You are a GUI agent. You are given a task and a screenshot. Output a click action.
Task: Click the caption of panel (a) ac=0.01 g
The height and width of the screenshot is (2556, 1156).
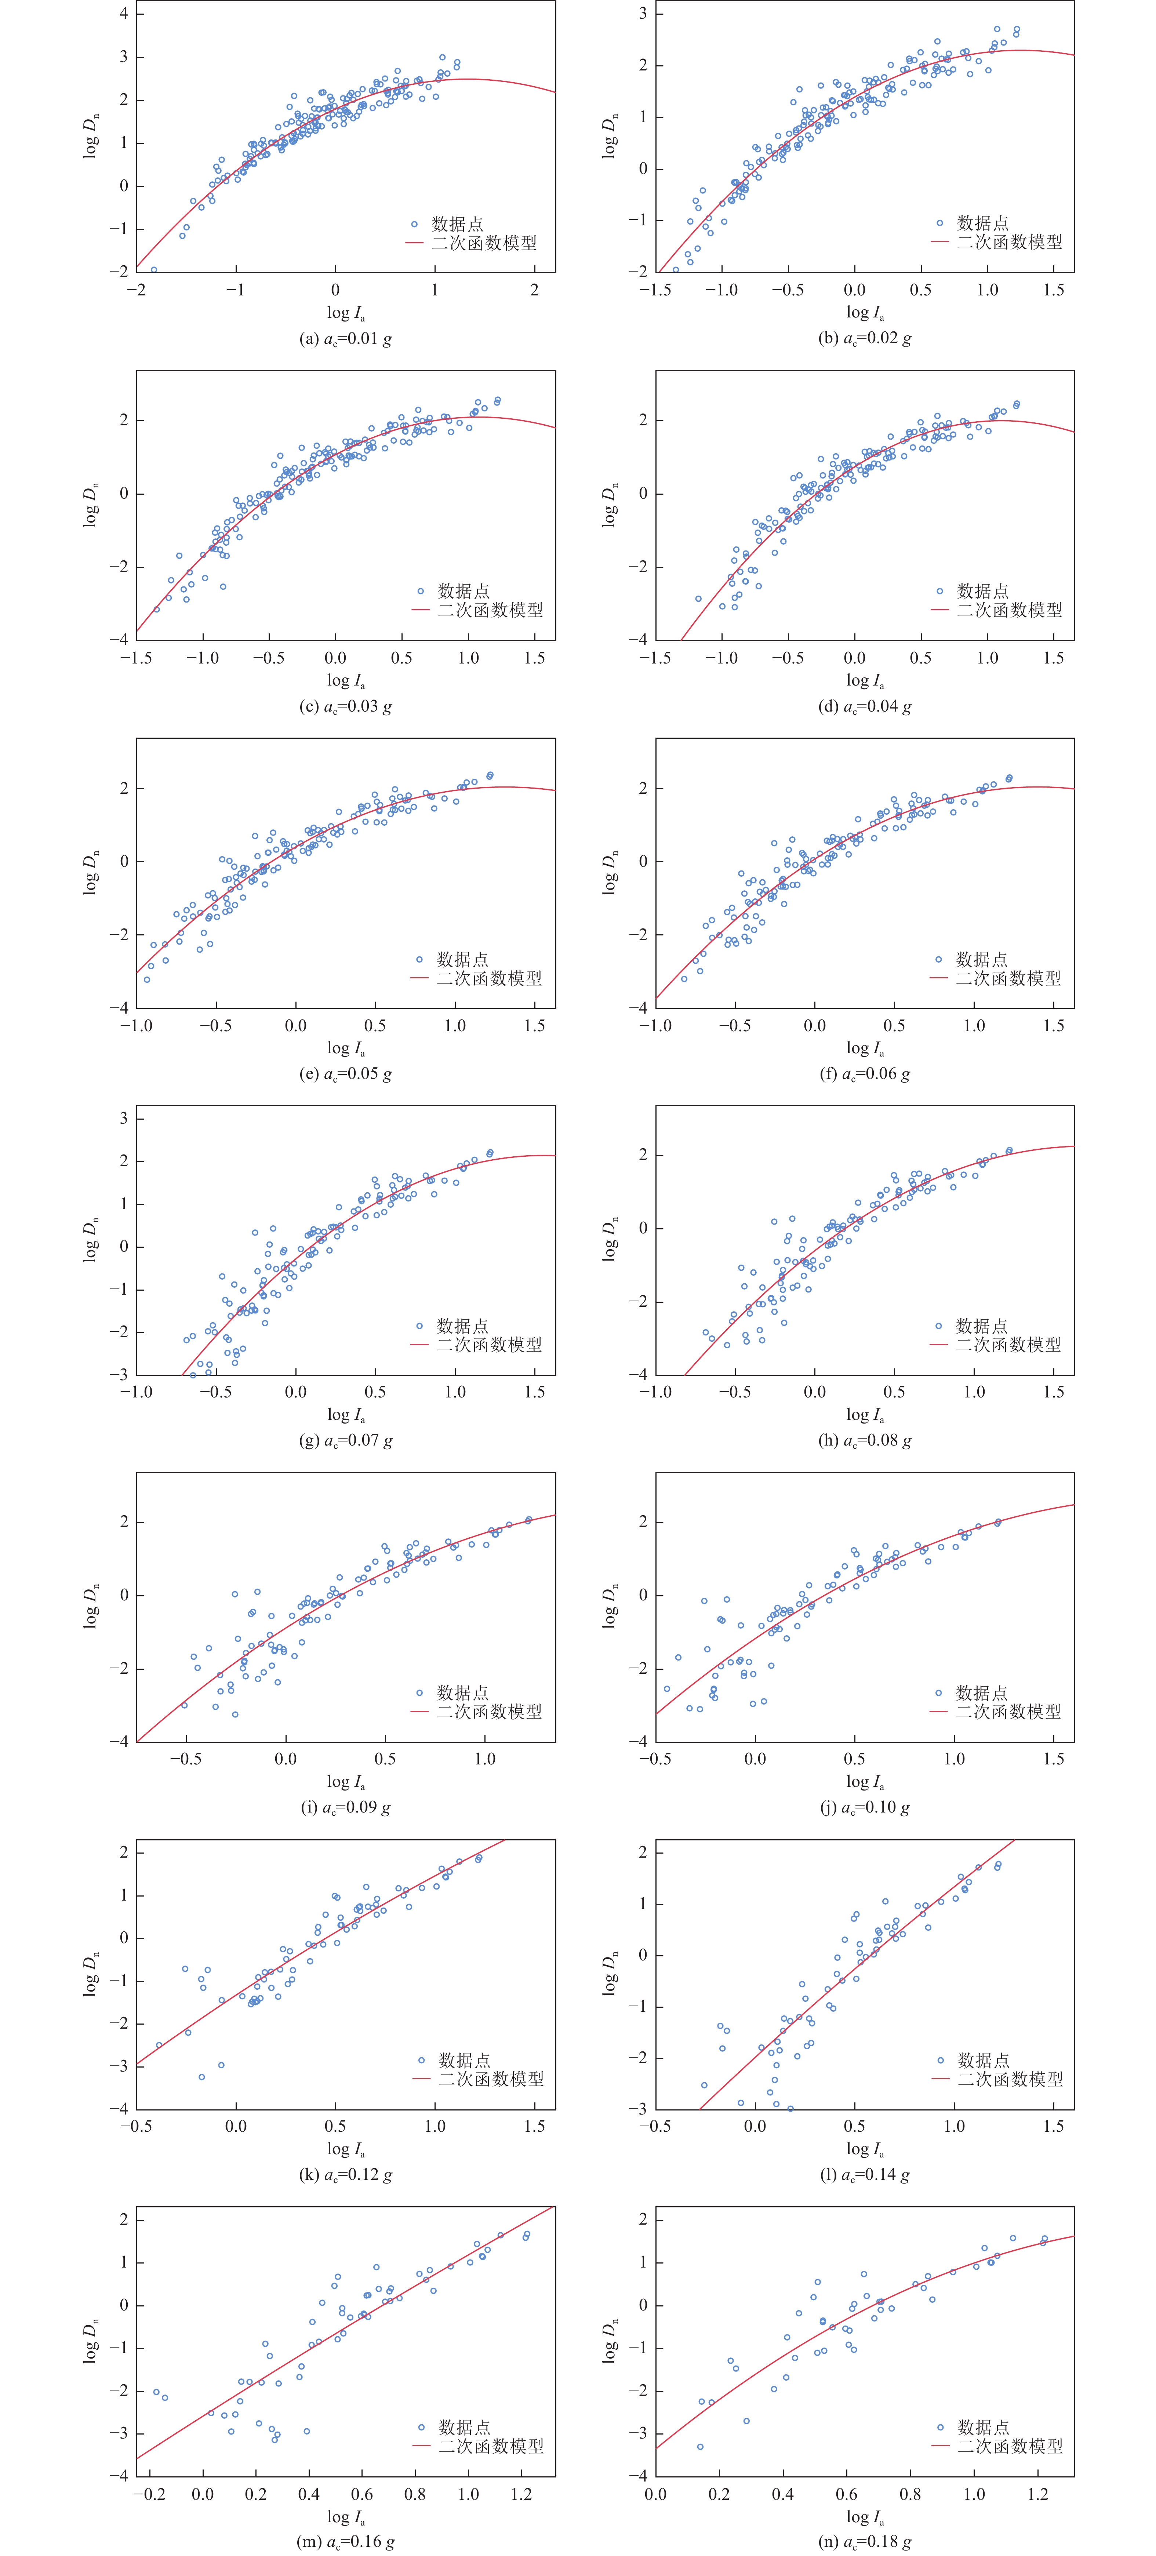[x=345, y=338]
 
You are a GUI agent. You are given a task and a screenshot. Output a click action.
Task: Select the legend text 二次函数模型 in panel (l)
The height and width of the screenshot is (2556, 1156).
[x=1009, y=2079]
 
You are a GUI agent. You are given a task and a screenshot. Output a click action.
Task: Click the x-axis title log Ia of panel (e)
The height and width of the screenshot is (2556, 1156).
[x=345, y=1049]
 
